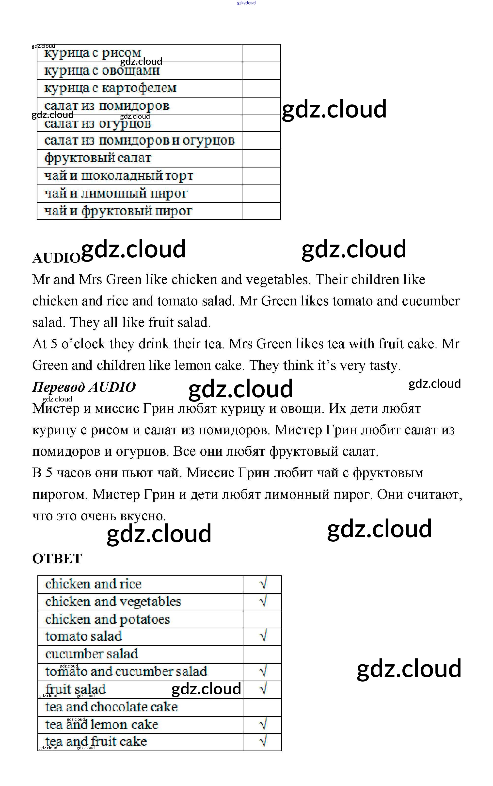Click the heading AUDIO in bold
[x=56, y=258]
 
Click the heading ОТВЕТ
[x=57, y=559]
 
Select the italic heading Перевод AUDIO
[x=84, y=387]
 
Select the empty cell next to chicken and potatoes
[x=262, y=619]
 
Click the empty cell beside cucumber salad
[x=262, y=654]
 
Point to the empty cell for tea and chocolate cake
[x=262, y=707]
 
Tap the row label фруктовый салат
[x=98, y=158]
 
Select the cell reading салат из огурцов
[x=98, y=123]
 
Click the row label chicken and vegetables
[x=113, y=602]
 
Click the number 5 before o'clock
[x=54, y=344]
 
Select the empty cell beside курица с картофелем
[x=261, y=88]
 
